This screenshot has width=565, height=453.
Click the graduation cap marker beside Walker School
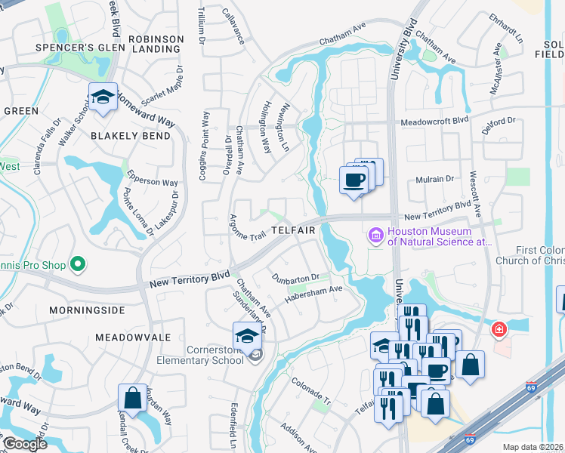[103, 97]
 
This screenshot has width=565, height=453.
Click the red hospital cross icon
[499, 330]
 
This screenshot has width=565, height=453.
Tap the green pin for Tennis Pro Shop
[76, 264]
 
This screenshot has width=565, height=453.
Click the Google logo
[24, 444]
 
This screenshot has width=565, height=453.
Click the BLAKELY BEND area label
[125, 136]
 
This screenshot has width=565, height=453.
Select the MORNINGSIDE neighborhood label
[85, 310]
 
